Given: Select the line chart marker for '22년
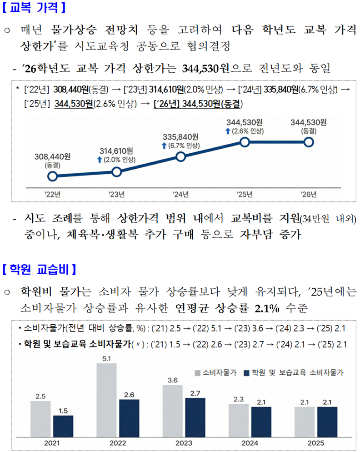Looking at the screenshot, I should click(x=53, y=176).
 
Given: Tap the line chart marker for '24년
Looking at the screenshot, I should click(x=180, y=157).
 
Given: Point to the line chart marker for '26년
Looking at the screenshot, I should click(x=309, y=142).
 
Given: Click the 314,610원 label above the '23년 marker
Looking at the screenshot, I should click(x=116, y=151).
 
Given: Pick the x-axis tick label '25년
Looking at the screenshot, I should click(x=245, y=194).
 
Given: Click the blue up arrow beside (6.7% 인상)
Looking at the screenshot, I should click(x=164, y=146).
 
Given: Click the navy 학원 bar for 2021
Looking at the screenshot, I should click(x=63, y=425).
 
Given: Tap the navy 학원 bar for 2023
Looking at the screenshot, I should click(x=195, y=417).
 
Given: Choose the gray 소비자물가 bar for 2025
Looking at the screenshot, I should click(x=305, y=421).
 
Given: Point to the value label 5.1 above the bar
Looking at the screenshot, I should click(x=107, y=358).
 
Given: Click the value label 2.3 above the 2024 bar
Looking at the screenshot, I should click(x=239, y=399).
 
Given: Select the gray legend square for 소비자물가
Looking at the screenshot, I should click(x=197, y=373).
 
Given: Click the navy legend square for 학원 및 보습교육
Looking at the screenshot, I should click(x=247, y=373).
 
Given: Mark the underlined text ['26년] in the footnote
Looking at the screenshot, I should click(x=167, y=104).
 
